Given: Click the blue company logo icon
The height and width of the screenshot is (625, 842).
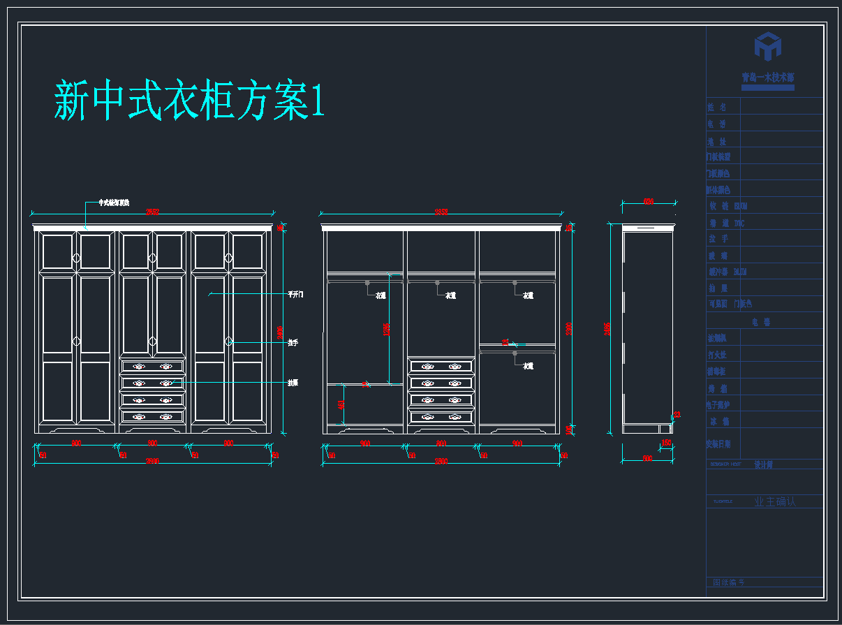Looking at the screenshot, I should tap(767, 47).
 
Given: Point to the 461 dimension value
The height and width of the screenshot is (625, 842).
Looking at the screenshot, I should tap(341, 404).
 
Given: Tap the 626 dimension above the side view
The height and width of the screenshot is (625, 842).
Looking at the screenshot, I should tap(649, 202).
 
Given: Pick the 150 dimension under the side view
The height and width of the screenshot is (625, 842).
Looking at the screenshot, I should tap(666, 443).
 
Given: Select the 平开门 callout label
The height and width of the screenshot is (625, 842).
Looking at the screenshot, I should tap(295, 295).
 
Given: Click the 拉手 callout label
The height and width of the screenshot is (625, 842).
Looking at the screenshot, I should tap(293, 342).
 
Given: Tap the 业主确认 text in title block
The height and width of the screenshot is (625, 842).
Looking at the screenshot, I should tap(775, 501).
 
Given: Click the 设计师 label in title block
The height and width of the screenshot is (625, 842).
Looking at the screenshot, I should tap(763, 464).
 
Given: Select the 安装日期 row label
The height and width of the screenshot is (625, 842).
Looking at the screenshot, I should tap(718, 443).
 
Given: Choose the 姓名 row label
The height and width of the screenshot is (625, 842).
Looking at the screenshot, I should tap(716, 107).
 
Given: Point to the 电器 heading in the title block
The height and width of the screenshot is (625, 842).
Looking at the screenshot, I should tap(760, 323).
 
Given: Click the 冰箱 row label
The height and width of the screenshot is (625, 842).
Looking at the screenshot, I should tap(719, 422).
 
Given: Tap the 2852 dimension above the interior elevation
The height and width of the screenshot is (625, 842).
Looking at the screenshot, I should tap(441, 212).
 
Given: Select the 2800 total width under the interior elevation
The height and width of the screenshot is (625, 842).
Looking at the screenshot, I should tap(441, 462).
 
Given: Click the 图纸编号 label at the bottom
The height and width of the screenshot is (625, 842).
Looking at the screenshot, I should tap(728, 582).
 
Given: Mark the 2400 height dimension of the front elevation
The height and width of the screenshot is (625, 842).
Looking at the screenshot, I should tap(281, 333).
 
